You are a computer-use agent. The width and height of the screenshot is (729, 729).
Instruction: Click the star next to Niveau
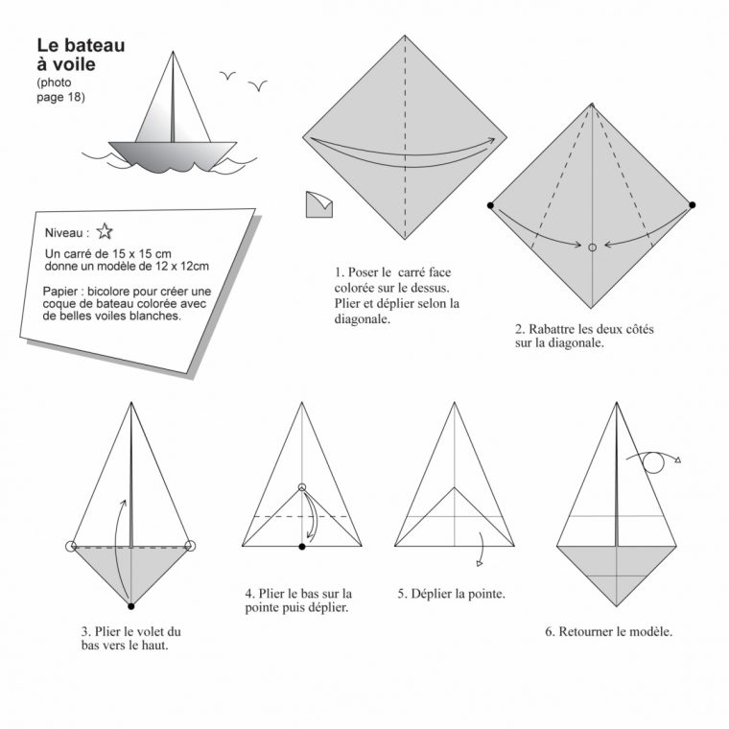(x=105, y=231)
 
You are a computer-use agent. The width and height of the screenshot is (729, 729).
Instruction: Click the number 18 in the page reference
(x=74, y=97)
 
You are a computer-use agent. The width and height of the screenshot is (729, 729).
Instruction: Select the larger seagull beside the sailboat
(x=258, y=85)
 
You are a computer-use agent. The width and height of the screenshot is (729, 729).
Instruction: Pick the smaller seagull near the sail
(x=227, y=75)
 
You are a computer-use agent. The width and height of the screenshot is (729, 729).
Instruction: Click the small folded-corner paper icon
(x=318, y=204)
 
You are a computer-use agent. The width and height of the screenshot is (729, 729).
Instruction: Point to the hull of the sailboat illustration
(x=173, y=155)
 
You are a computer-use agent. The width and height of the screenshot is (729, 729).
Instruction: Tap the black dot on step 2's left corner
(x=490, y=205)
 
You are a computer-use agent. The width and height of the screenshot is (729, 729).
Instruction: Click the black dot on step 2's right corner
(x=693, y=204)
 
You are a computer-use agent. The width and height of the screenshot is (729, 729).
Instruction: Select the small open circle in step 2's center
(x=593, y=247)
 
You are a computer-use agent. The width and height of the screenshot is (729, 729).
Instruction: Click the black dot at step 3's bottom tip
(x=131, y=606)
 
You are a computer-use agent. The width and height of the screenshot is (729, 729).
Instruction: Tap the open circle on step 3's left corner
(x=71, y=547)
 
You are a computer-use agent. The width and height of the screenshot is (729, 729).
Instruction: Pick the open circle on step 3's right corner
(x=190, y=546)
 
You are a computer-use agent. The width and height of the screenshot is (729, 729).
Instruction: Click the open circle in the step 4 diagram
(x=302, y=487)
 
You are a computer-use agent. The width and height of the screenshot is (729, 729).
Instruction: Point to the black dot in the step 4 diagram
(x=302, y=547)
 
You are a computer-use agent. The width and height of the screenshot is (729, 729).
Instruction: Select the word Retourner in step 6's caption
(x=585, y=631)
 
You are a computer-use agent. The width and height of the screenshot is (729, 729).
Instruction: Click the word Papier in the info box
(x=60, y=292)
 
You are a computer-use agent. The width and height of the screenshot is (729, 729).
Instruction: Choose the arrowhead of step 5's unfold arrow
(x=480, y=563)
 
